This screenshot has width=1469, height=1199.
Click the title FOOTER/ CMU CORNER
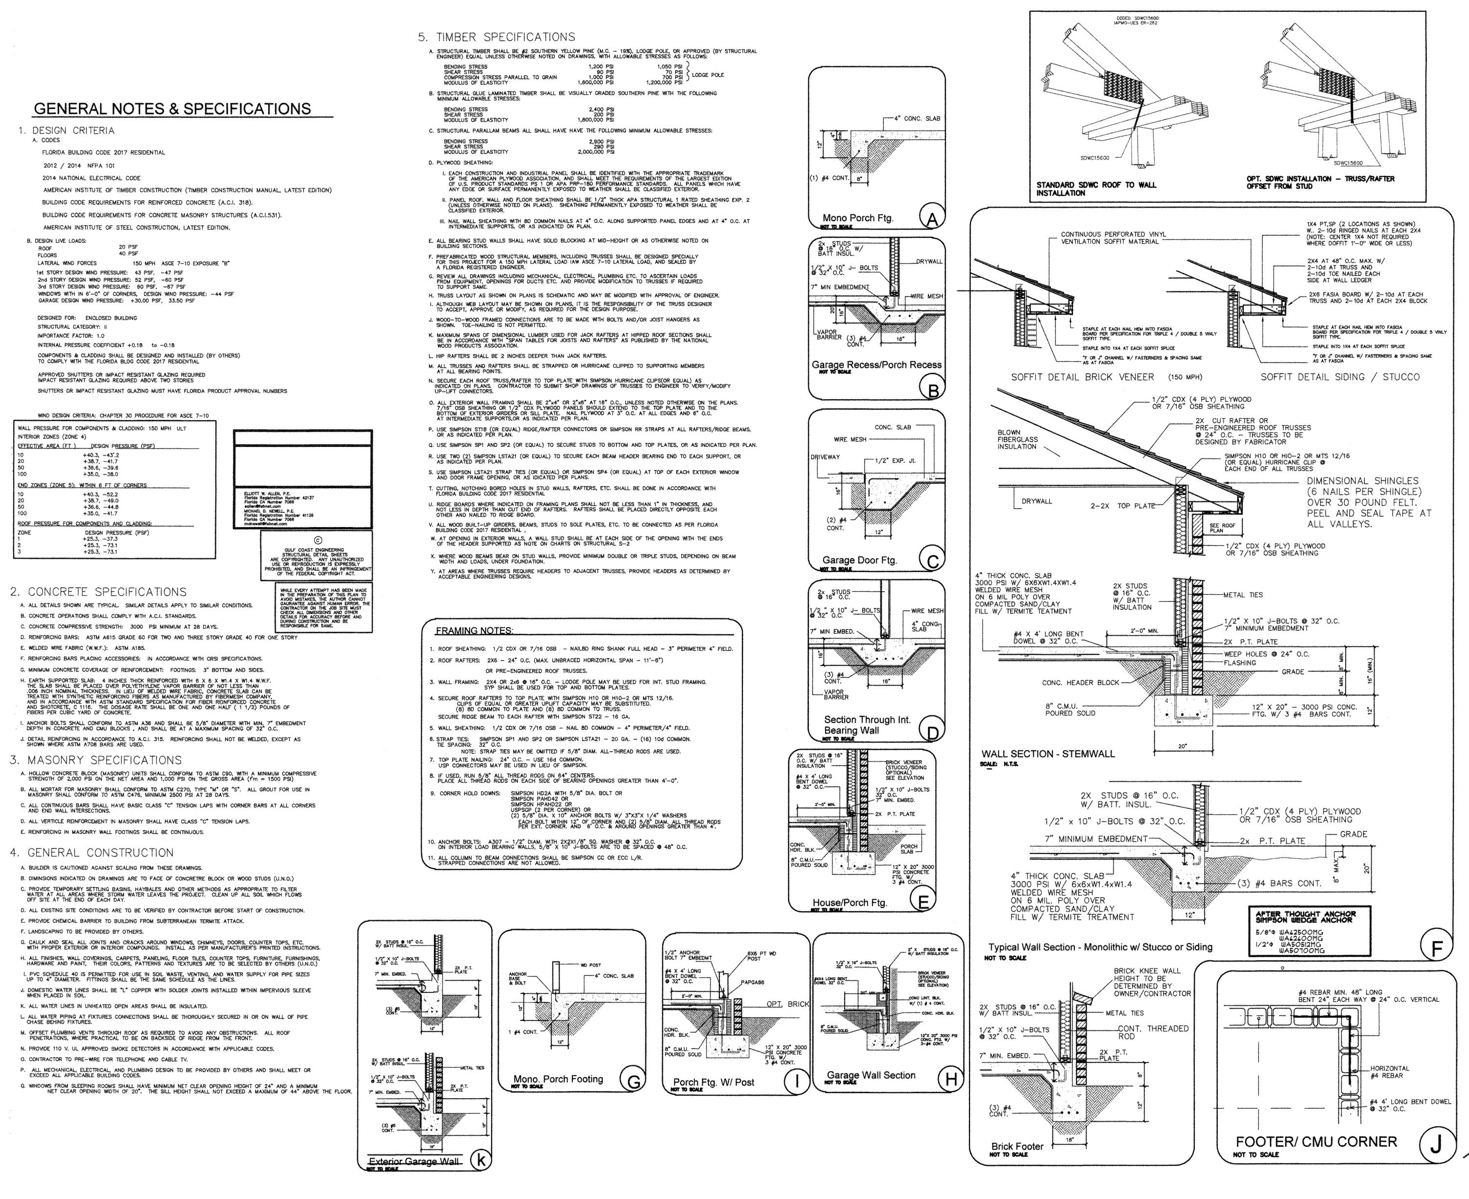click(1316, 1142)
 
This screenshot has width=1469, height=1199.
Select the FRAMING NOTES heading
click(474, 631)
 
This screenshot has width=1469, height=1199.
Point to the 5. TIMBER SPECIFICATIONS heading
click(496, 37)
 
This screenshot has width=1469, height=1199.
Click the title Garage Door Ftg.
click(859, 560)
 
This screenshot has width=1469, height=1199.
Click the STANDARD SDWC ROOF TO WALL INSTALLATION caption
click(1096, 188)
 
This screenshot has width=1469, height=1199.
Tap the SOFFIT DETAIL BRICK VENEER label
click(1082, 377)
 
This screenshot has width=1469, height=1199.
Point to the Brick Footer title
click(1017, 1147)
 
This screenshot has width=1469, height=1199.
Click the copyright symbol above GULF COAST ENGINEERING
click(318, 540)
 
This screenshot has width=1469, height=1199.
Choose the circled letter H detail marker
click(951, 1080)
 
